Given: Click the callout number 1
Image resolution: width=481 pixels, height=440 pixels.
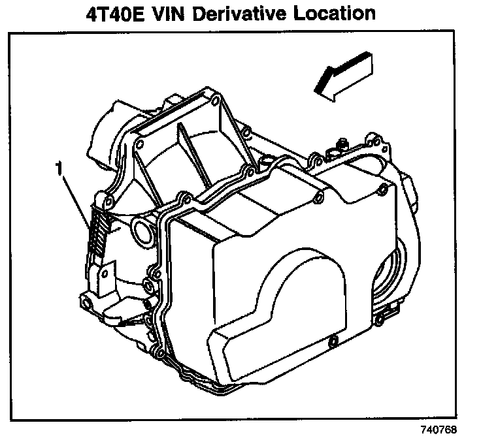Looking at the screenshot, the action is (59, 170).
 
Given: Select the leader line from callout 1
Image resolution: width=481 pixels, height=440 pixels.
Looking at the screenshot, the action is (75, 199).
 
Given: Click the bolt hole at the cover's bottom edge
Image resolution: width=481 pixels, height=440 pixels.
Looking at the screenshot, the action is (332, 341).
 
